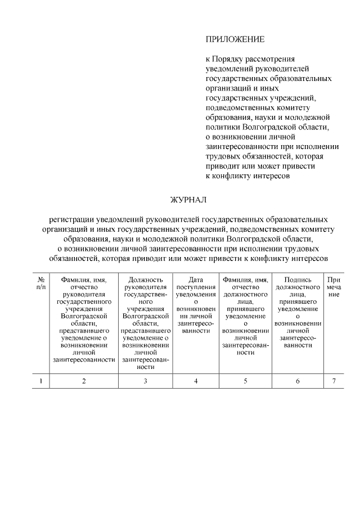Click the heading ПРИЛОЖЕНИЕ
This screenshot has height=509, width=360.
click(x=235, y=39)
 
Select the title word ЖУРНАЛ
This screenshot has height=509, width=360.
click(x=189, y=200)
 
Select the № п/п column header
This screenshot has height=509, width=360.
click(x=40, y=283)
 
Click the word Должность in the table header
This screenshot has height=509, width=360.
click(x=145, y=279)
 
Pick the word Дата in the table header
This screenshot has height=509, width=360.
click(x=196, y=279)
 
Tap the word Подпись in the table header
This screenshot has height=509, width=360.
click(x=298, y=279)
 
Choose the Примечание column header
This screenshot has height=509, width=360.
click(x=334, y=287)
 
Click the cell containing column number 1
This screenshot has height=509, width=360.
click(x=40, y=381)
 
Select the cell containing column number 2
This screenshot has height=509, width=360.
click(x=84, y=381)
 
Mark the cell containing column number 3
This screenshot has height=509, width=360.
click(x=145, y=381)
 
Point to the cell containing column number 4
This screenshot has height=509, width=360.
click(x=196, y=381)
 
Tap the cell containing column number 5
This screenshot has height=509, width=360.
click(x=245, y=381)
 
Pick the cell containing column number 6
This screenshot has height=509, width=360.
click(x=298, y=381)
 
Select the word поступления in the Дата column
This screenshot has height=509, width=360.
click(x=196, y=286)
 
